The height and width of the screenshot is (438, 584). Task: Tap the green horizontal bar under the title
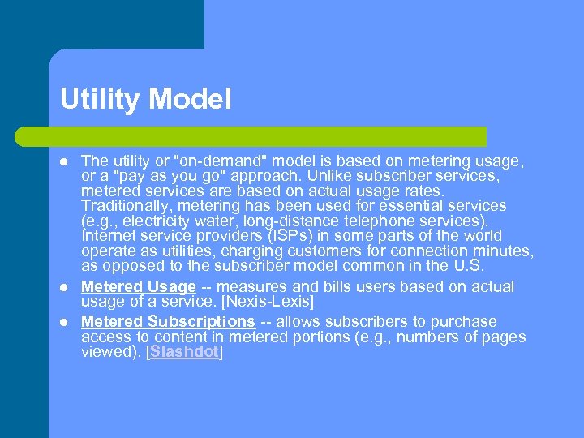tap(268, 135)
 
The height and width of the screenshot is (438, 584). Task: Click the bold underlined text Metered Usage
tap(139, 286)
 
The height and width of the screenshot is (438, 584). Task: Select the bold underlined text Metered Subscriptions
tap(168, 321)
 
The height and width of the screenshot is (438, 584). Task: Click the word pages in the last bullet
tap(504, 337)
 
